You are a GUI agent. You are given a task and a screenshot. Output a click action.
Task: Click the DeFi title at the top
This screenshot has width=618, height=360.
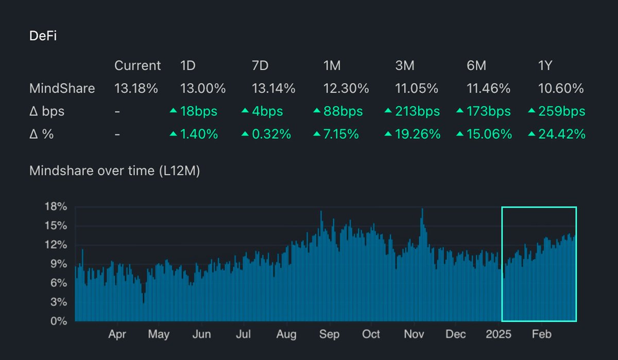(x=45, y=36)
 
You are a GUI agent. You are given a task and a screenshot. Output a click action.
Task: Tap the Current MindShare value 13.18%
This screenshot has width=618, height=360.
(x=136, y=89)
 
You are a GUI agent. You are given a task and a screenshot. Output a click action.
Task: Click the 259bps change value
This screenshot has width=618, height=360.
(x=561, y=111)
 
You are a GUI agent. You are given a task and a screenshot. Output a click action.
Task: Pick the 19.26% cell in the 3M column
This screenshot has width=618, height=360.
(x=417, y=134)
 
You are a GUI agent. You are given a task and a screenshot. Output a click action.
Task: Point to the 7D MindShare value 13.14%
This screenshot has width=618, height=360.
(x=273, y=89)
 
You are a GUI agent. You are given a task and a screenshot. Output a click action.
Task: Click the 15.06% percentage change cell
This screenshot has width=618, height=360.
(x=489, y=134)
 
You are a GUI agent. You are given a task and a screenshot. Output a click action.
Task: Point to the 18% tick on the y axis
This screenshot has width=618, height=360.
(x=56, y=207)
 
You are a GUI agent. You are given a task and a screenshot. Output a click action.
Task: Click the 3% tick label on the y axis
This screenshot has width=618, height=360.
(x=59, y=302)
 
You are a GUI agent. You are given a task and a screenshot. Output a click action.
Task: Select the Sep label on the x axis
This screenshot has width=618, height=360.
(x=329, y=334)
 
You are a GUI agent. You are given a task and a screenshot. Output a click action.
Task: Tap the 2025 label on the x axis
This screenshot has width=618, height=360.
(x=499, y=334)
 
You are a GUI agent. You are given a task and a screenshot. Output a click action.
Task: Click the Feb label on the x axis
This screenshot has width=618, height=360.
(x=541, y=334)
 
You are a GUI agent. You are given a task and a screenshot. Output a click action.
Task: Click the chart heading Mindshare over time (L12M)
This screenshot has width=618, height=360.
(x=114, y=171)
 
